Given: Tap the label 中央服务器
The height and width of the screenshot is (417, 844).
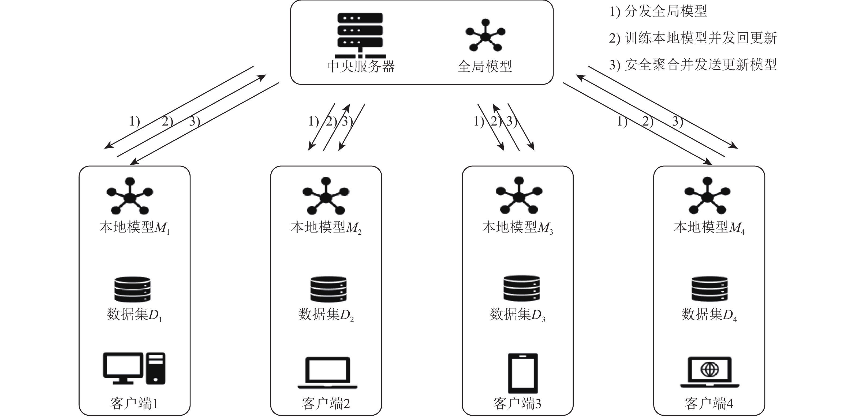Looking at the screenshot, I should click(361, 66).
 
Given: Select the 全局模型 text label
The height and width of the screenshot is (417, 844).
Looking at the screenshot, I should click(485, 66).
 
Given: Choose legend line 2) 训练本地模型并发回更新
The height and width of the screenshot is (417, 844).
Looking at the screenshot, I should click(693, 38).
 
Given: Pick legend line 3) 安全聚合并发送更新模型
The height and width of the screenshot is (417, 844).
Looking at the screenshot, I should click(693, 65).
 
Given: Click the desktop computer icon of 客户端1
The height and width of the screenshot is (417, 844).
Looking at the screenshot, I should click(134, 368).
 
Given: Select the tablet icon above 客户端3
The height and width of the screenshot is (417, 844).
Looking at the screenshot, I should click(522, 373).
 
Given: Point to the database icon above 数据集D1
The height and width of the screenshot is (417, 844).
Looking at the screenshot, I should click(132, 289).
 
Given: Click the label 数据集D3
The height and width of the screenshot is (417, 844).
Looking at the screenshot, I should click(517, 315).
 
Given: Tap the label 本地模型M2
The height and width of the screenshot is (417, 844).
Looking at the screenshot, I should click(326, 228).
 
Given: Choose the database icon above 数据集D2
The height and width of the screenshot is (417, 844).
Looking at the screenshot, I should click(328, 289).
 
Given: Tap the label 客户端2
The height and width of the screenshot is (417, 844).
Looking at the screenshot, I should click(326, 404).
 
